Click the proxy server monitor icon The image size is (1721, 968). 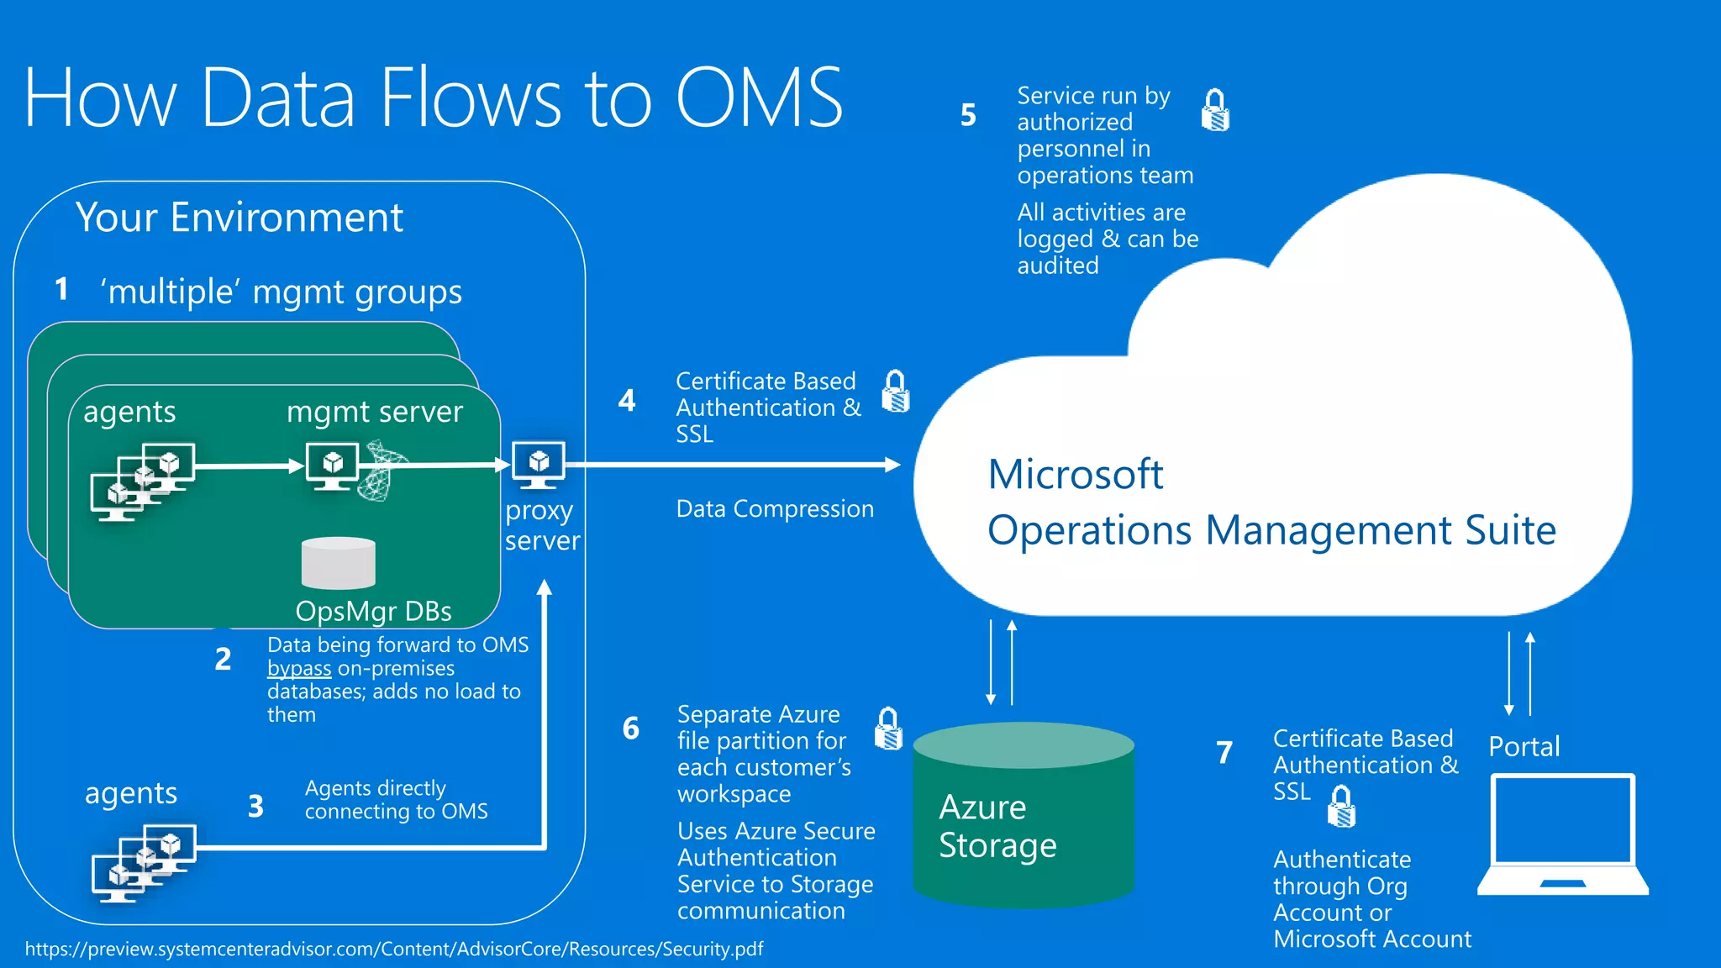point(539,463)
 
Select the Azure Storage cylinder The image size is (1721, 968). point(1024,815)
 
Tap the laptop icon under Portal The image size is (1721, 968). point(1563,835)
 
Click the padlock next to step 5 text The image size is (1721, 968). point(1215,110)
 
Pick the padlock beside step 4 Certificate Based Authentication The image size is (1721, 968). point(896,392)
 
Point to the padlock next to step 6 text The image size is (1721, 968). point(888,729)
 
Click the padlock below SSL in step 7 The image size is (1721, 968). point(1341,807)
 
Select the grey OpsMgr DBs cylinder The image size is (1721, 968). point(338,563)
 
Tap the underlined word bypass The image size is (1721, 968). point(299,669)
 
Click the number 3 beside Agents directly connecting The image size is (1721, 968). point(255,807)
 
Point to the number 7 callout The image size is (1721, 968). point(1224,752)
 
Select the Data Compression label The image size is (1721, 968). point(775,509)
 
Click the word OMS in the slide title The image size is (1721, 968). point(759,98)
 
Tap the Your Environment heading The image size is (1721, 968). point(239,218)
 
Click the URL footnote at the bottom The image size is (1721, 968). point(393,950)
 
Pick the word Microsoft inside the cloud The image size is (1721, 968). point(1075,475)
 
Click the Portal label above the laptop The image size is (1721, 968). point(1524,746)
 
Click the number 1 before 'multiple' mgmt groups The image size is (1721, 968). point(61,290)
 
